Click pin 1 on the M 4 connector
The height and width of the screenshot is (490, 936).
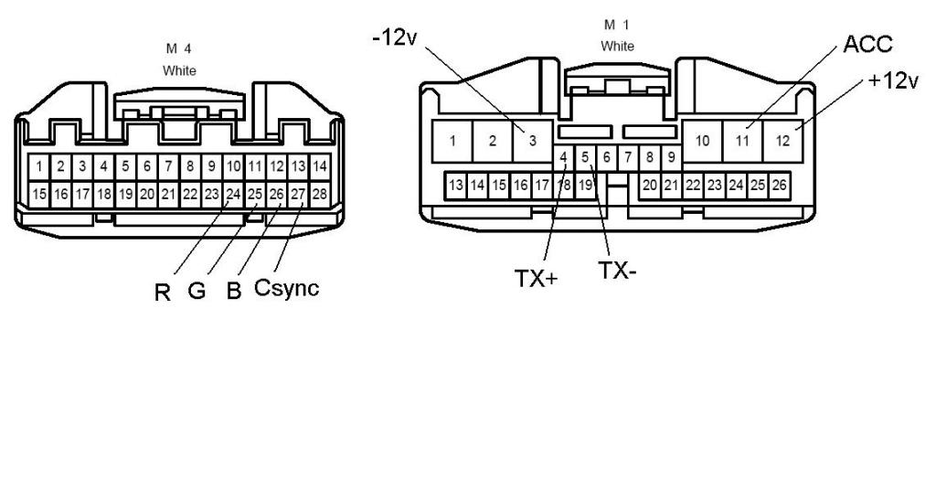click(x=39, y=166)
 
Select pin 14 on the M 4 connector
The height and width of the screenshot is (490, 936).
click(x=319, y=166)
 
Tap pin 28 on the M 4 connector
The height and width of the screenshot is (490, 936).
click(x=319, y=194)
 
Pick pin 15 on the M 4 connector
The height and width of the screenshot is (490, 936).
click(x=39, y=194)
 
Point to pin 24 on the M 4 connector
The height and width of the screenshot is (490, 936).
click(x=233, y=194)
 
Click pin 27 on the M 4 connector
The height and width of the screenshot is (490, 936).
click(x=298, y=194)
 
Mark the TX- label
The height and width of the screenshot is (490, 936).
click(x=617, y=272)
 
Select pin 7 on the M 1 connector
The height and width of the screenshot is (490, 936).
click(x=628, y=157)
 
